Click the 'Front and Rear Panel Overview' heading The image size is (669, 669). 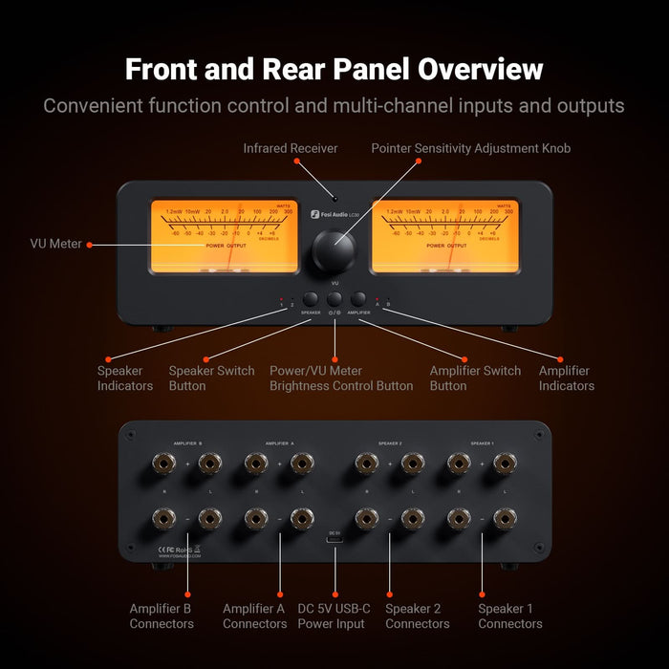(x=334, y=70)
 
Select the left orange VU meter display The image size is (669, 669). (x=212, y=236)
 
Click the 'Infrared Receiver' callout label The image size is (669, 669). (x=291, y=149)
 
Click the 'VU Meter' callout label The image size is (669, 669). (x=55, y=245)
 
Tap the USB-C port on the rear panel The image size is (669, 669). (x=334, y=543)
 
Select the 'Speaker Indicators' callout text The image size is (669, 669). (x=124, y=378)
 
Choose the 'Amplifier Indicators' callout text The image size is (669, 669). (x=566, y=378)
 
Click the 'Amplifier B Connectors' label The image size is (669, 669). (x=162, y=616)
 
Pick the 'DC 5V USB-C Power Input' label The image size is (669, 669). (x=334, y=616)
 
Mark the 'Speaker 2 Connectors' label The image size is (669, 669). (x=417, y=616)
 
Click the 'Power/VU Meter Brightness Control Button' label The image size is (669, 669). (x=341, y=378)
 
